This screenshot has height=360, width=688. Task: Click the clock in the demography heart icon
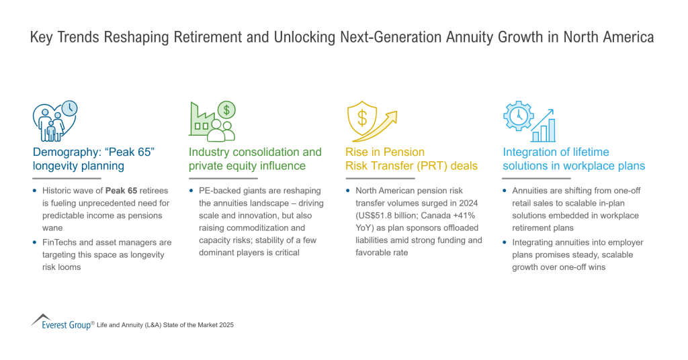[69, 108]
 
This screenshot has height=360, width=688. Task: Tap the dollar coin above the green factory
[226, 110]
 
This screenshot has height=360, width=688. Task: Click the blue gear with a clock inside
[519, 116]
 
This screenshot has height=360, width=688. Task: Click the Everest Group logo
[61, 322]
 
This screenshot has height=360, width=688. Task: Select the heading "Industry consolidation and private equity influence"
[255, 159]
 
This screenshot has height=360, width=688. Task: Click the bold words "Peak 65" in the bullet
[121, 191]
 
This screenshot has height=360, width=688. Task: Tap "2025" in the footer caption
[226, 325]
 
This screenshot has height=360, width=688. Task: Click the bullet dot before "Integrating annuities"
[505, 242]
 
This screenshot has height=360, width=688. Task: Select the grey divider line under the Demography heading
[67, 179]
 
